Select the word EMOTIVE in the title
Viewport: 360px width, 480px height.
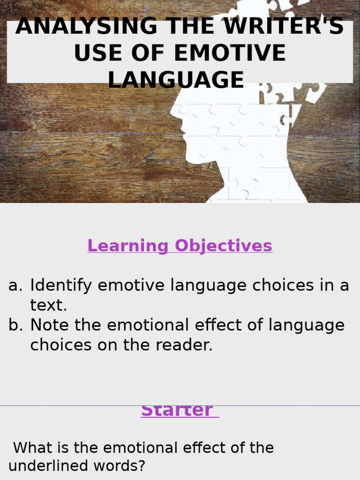pyautogui.click(x=230, y=53)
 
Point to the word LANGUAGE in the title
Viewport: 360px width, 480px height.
pyautogui.click(x=176, y=80)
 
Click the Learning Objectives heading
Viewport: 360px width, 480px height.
pyautogui.click(x=180, y=246)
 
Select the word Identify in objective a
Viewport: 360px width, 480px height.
pyautogui.click(x=60, y=285)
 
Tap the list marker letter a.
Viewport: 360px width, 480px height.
pyautogui.click(x=15, y=285)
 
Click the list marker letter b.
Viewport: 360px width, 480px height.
pyautogui.click(x=15, y=325)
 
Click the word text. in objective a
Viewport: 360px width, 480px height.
pyautogui.click(x=49, y=305)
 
